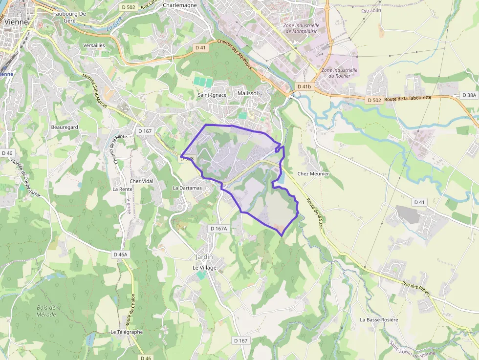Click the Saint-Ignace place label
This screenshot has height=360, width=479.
212,95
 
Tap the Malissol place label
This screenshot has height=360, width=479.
247,93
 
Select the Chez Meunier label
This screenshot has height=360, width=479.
313,174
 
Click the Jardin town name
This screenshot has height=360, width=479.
204,257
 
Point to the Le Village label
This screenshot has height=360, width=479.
204,268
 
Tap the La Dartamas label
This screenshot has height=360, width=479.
187,188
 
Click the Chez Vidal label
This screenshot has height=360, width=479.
142,181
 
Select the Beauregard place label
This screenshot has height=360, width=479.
65,127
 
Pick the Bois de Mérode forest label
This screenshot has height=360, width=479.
46,311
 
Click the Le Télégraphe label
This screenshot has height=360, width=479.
127,332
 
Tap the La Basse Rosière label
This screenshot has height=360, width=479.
379,320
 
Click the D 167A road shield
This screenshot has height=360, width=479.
218,229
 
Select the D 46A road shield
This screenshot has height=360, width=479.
120,254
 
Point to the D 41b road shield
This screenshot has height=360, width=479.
304,86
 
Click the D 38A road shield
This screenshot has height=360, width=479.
469,96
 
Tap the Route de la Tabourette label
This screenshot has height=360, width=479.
408,98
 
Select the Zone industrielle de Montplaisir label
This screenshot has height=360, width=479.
302,28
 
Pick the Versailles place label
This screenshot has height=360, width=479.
94,45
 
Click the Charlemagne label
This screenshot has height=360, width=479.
180,5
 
